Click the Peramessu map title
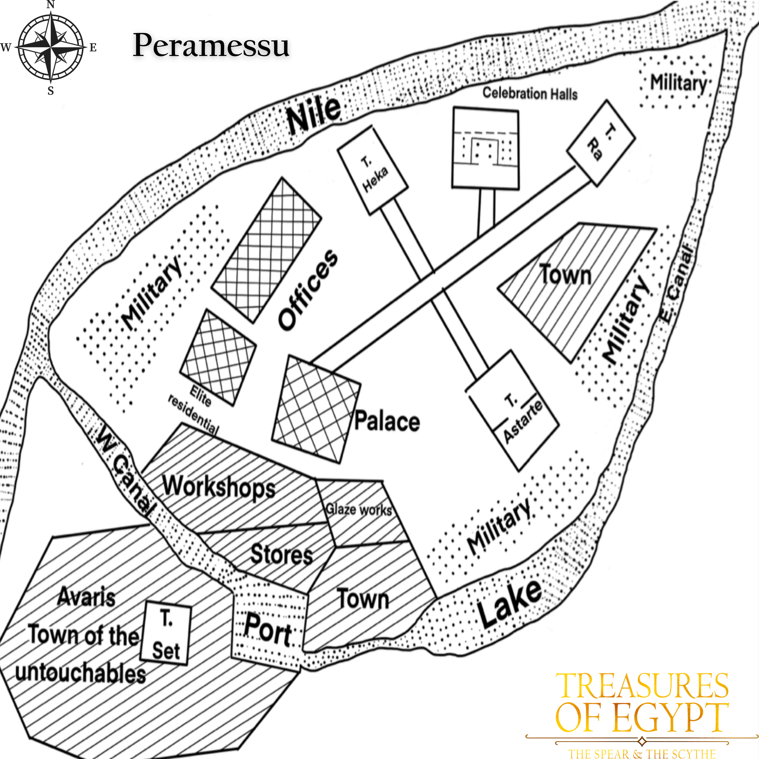[x=211, y=46]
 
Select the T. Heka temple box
[x=372, y=171]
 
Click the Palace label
[x=387, y=421]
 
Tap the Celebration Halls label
[x=529, y=94]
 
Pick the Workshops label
[x=219, y=488]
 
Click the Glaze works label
[x=359, y=509]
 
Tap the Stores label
[x=282, y=554]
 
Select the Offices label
[x=308, y=290]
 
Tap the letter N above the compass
[x=51, y=5]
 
